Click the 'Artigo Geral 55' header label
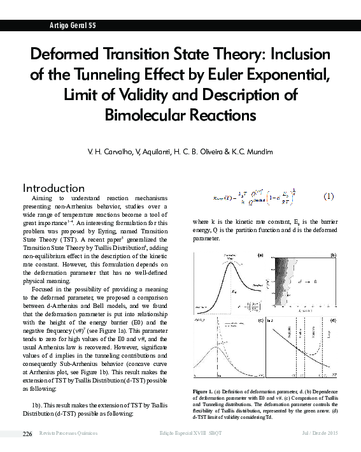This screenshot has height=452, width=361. coord(71,26)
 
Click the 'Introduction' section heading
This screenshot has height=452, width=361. coord(53,189)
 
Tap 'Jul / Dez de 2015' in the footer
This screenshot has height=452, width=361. coord(320,434)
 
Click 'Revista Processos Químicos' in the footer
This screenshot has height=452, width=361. coord(68,434)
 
